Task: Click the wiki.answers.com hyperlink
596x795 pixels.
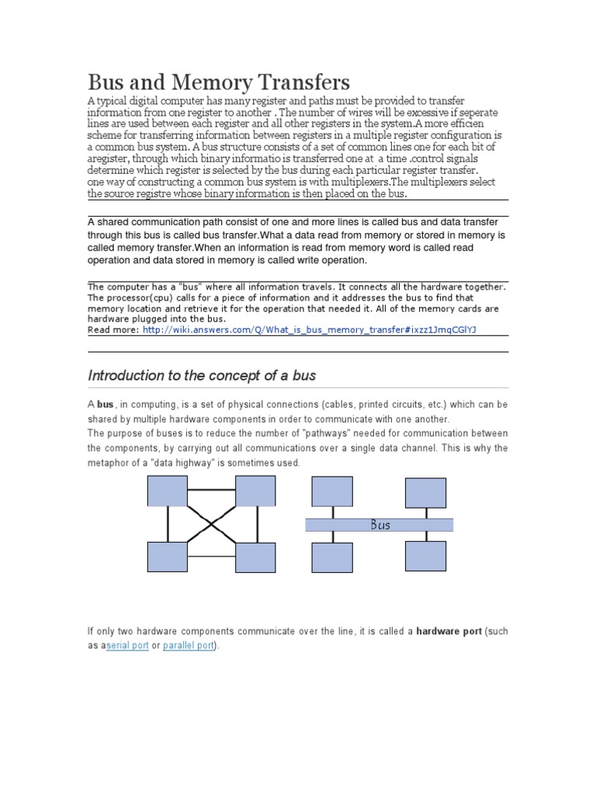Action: (309, 329)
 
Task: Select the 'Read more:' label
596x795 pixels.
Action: (113, 329)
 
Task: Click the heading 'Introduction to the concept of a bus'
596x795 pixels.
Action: (202, 376)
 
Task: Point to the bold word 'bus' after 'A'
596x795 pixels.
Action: (105, 404)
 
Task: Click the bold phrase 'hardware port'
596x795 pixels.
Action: (449, 632)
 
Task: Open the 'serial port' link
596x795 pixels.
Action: (126, 646)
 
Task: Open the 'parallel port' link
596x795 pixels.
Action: (188, 646)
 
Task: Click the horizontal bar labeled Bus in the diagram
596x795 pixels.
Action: (379, 526)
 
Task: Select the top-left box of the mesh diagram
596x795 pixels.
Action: (168, 491)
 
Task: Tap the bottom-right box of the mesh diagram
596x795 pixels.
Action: (256, 557)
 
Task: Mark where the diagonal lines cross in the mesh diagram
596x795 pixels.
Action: (212, 524)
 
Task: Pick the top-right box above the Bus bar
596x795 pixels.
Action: (425, 491)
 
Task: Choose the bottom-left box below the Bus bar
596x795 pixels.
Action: (332, 557)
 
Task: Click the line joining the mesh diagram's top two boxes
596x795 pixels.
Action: (212, 489)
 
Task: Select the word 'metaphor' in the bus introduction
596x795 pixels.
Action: (108, 463)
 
